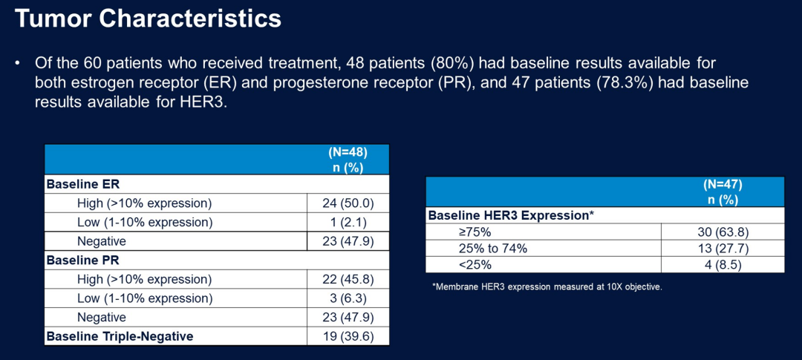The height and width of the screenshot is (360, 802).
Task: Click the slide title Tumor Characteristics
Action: tap(148, 19)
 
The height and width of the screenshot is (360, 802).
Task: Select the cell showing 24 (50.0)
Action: tap(348, 203)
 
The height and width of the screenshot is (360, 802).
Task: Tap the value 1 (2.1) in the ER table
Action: tap(348, 222)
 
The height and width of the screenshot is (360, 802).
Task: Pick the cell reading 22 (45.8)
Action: tap(348, 279)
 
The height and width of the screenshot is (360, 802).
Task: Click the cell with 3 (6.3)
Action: tap(348, 298)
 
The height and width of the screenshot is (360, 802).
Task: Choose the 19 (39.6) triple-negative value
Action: tap(348, 336)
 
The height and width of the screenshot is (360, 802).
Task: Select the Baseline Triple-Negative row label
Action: tap(120, 336)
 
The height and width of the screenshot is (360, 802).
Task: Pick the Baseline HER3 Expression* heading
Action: tap(512, 215)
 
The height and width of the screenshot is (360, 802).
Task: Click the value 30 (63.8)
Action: tap(723, 232)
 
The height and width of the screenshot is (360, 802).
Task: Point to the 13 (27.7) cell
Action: tap(723, 248)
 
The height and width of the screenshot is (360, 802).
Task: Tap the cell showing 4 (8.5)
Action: tap(723, 264)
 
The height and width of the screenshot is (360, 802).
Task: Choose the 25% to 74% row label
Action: tap(494, 248)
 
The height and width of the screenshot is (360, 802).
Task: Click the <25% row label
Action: tap(475, 264)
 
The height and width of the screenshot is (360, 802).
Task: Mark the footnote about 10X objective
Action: tap(547, 287)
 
